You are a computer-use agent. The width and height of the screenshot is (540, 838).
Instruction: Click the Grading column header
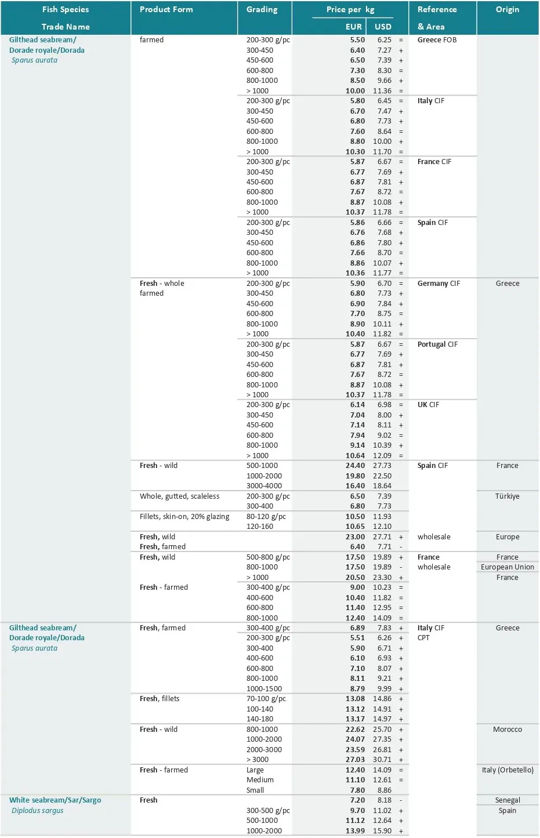tap(262, 10)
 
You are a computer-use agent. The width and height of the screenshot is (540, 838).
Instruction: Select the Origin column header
tap(508, 10)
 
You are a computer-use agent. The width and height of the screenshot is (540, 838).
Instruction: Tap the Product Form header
tap(166, 10)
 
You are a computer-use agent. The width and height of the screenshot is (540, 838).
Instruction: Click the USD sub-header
tap(383, 27)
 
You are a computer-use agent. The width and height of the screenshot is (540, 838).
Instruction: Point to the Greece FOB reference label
tap(437, 40)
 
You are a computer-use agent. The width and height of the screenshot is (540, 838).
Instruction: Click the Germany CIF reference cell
tap(438, 284)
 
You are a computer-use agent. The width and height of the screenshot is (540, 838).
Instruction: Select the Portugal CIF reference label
tap(437, 344)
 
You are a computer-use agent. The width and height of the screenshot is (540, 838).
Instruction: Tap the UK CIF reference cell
tap(428, 405)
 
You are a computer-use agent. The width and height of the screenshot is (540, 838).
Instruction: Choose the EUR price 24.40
tap(355, 466)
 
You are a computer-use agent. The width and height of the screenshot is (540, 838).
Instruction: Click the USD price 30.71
tap(382, 760)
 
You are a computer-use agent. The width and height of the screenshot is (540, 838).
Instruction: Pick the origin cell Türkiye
tap(508, 496)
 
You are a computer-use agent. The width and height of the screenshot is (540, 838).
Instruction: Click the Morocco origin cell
tap(508, 730)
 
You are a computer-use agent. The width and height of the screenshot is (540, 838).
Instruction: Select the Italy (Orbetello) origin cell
tap(508, 770)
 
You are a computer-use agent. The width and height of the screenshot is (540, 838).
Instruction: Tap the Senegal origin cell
tap(508, 800)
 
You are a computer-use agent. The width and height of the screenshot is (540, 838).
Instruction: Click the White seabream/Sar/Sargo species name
tap(55, 800)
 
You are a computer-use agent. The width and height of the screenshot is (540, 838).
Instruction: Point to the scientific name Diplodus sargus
tap(38, 811)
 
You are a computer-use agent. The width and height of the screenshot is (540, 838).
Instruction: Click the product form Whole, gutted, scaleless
tap(180, 496)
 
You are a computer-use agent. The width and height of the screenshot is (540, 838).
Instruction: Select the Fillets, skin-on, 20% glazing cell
tap(184, 517)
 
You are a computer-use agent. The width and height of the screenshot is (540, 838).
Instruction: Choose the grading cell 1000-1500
tap(264, 689)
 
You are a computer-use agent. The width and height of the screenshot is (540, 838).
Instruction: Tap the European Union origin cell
tap(508, 567)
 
